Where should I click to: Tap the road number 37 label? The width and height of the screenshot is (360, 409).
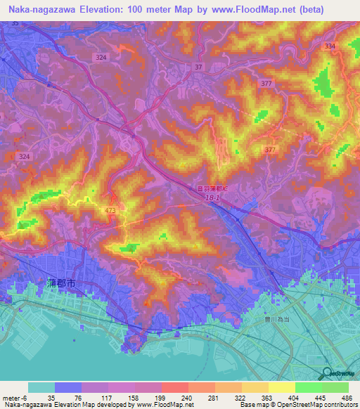click(199, 67)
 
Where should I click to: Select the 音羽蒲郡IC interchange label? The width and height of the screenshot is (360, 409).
click(213, 188)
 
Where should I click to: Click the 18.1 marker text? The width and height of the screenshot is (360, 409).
click(215, 199)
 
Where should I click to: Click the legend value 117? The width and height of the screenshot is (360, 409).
click(96, 397)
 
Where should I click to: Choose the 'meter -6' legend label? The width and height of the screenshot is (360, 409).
click(15, 397)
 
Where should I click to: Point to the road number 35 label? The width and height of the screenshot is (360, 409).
click(15, 23)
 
